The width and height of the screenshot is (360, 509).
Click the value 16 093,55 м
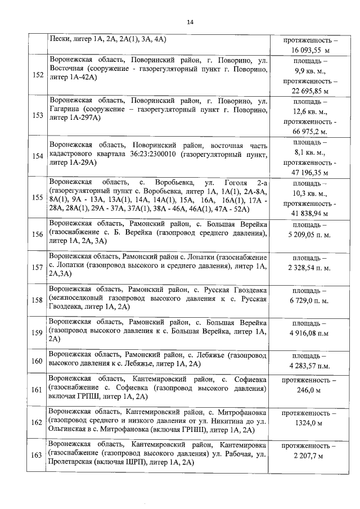click(x=310, y=50)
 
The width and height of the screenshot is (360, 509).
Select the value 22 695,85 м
click(x=310, y=91)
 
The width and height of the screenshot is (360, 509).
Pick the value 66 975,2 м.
click(x=310, y=132)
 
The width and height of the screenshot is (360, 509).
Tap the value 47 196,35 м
click(x=310, y=172)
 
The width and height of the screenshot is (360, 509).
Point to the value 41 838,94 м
click(x=310, y=214)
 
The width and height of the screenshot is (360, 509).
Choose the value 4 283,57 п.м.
click(x=310, y=366)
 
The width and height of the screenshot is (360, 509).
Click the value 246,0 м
click(x=310, y=390)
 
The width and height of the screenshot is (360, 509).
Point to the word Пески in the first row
click(x=59, y=39)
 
